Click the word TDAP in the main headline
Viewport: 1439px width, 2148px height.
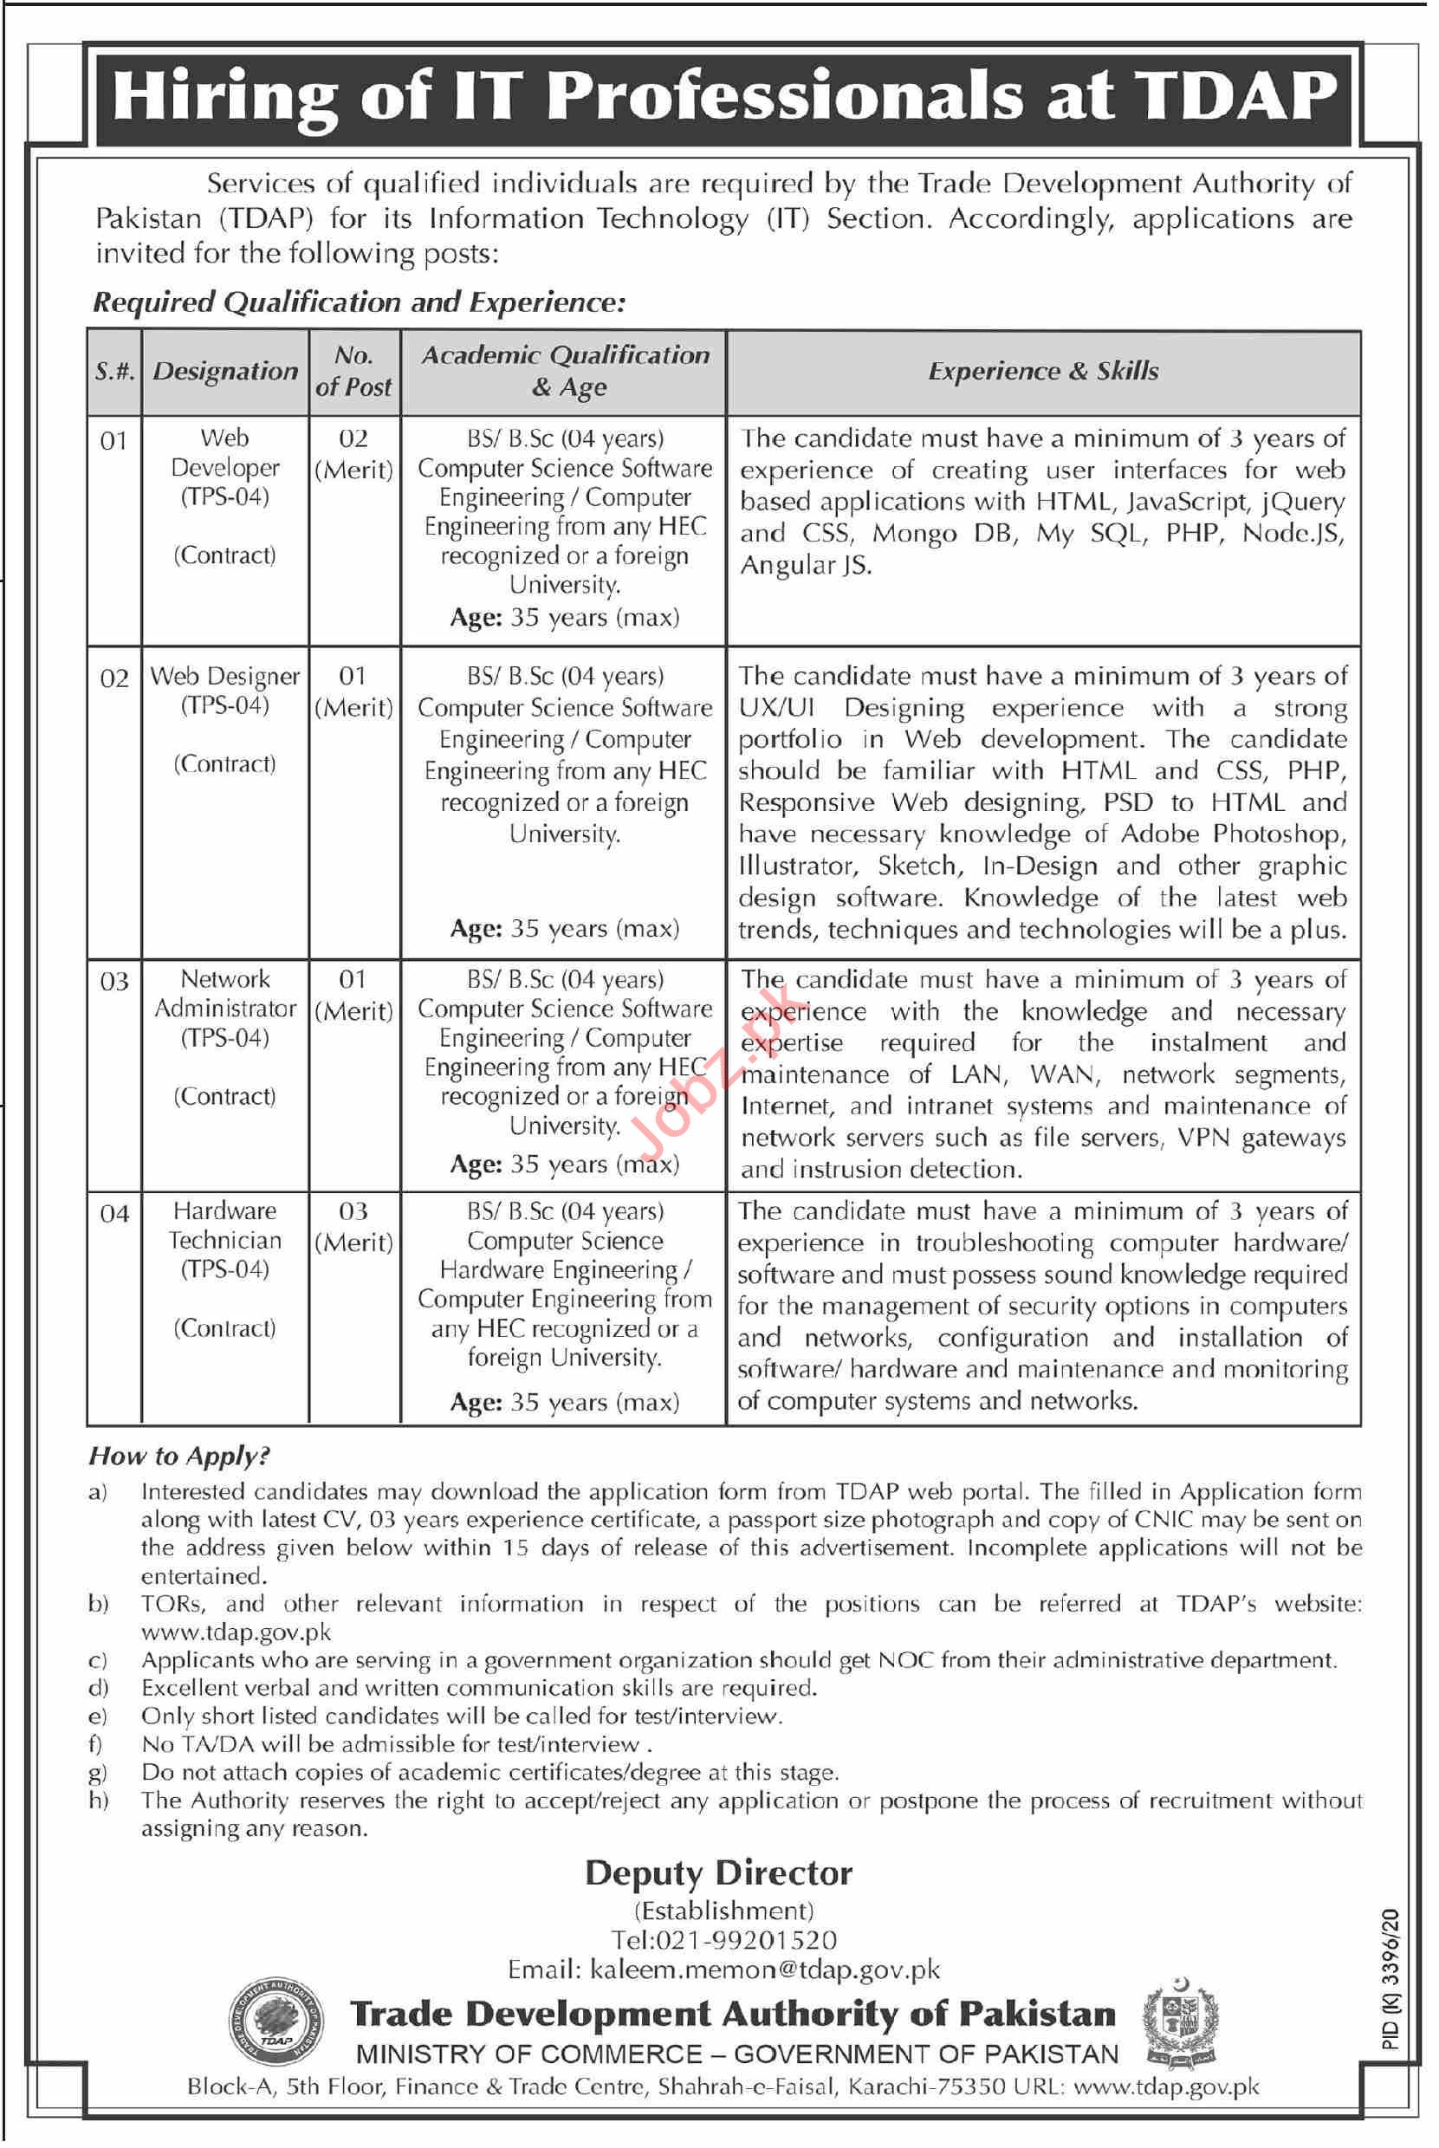pos(1234,97)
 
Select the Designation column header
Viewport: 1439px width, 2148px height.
pos(225,372)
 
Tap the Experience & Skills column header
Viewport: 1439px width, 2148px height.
pos(1042,372)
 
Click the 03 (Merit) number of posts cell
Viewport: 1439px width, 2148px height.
pos(353,1226)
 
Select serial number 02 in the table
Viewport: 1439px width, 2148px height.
pos(113,678)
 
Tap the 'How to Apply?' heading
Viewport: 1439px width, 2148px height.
pos(179,1456)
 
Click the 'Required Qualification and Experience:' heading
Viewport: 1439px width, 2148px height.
pos(359,302)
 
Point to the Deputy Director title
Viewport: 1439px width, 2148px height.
pos(718,1872)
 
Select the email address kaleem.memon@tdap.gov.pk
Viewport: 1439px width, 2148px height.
pos(764,1969)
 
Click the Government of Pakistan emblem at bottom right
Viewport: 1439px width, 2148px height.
pos(1179,2023)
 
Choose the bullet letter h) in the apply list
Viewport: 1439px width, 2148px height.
pos(98,1801)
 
